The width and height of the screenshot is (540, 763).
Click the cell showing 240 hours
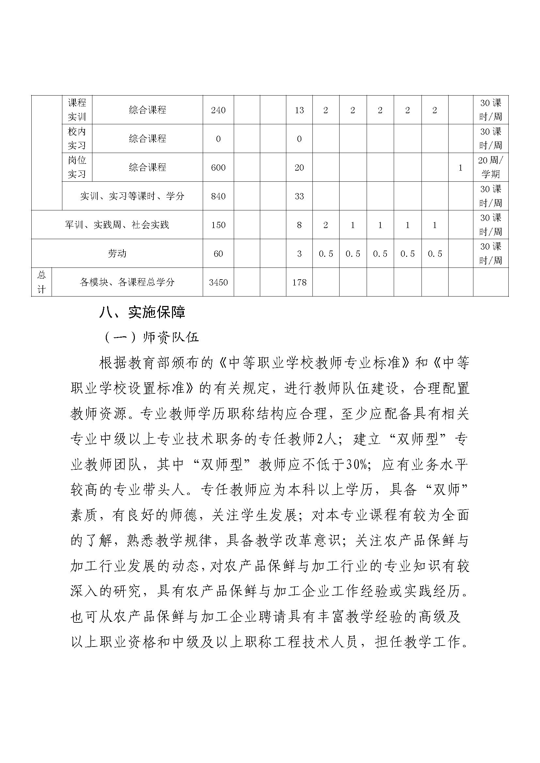pyautogui.click(x=218, y=110)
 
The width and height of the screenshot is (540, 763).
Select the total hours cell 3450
pyautogui.click(x=218, y=282)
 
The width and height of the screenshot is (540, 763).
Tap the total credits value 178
pyautogui.click(x=299, y=282)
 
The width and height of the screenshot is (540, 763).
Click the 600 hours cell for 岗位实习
pyautogui.click(x=218, y=167)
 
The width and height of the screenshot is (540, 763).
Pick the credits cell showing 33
pyautogui.click(x=299, y=196)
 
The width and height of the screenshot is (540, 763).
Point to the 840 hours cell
pyautogui.click(x=218, y=196)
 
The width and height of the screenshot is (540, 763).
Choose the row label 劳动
pyautogui.click(x=117, y=253)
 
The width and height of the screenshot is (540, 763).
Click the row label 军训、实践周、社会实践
pyautogui.click(x=117, y=225)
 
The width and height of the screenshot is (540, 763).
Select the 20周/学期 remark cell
pyautogui.click(x=490, y=167)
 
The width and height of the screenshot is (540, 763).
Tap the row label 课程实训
pyautogui.click(x=77, y=110)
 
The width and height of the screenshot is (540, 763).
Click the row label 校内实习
pyautogui.click(x=77, y=139)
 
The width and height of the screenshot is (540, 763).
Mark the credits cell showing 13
pyautogui.click(x=299, y=110)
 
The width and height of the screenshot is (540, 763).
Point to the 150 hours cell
pyautogui.click(x=218, y=225)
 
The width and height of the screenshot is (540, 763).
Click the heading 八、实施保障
pyautogui.click(x=142, y=313)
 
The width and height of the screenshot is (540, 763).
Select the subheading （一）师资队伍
pyautogui.click(x=151, y=337)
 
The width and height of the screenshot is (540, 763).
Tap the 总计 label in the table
pyautogui.click(x=41, y=282)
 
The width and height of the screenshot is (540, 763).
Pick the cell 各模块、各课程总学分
pyautogui.click(x=127, y=282)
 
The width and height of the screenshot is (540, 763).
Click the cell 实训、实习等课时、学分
pyautogui.click(x=132, y=196)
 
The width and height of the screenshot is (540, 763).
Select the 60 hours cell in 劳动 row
pyautogui.click(x=218, y=253)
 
